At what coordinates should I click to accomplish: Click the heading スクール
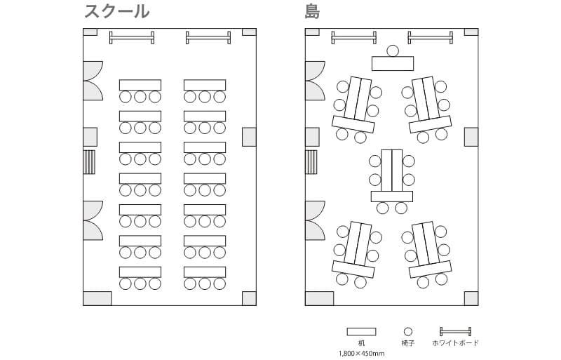tap(116, 12)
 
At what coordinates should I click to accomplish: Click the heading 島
tap(313, 12)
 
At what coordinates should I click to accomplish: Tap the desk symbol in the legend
tap(361, 331)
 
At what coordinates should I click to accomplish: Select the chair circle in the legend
tap(408, 331)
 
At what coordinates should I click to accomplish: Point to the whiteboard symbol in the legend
tap(455, 331)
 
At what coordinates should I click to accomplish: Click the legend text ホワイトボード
tap(456, 343)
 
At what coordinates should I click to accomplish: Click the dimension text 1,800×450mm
tap(361, 354)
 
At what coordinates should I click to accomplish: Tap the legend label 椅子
tap(408, 343)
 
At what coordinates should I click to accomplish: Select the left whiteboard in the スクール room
tap(132, 37)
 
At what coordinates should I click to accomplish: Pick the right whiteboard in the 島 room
tap(430, 37)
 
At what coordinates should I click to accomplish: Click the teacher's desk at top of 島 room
tap(393, 64)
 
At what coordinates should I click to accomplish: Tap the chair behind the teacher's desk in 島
tap(393, 51)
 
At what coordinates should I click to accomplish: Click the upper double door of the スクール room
tap(93, 81)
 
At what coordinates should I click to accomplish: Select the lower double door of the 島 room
tap(314, 220)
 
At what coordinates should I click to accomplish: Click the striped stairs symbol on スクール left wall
tap(89, 161)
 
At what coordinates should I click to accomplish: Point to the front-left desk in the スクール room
tap(140, 85)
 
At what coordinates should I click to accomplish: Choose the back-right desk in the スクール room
tap(205, 272)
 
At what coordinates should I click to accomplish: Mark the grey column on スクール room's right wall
tap(249, 137)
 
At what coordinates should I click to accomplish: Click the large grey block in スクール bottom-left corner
tap(97, 298)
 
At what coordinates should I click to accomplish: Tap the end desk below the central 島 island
tap(392, 196)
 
